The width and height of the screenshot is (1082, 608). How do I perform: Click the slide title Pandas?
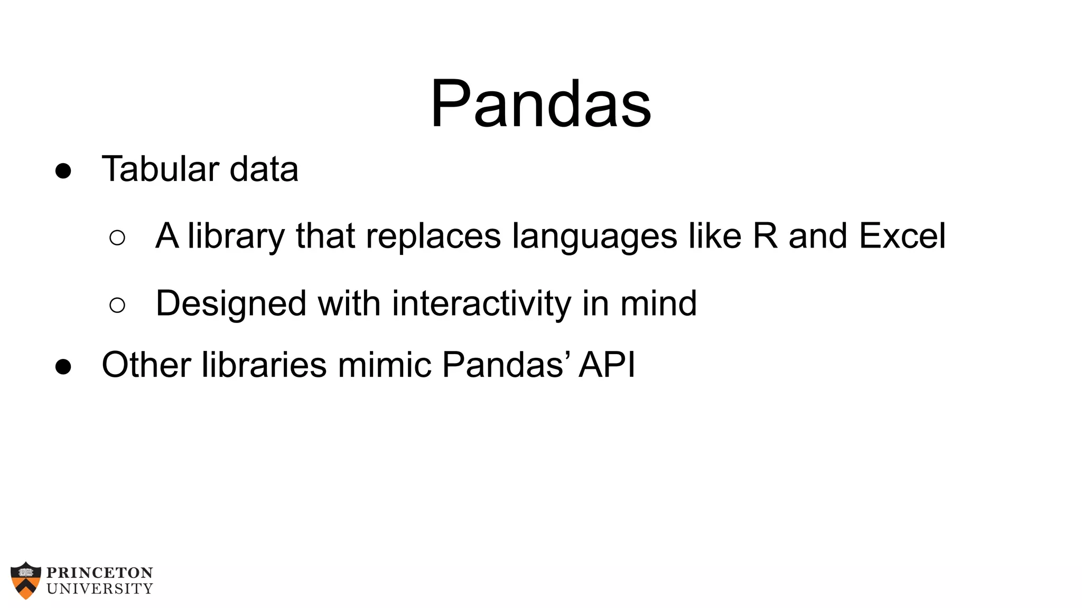pos(540,104)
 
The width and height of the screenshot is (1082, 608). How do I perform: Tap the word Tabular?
pos(160,169)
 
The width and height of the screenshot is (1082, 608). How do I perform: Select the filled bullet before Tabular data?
pos(63,171)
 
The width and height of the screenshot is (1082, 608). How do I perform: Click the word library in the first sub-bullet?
pos(236,236)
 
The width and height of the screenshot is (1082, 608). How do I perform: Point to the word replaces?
pos(433,236)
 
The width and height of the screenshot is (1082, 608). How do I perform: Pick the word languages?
pos(594,236)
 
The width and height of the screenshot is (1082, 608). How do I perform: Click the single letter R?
pos(765,235)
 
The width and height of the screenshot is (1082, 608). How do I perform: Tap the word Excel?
pos(902,235)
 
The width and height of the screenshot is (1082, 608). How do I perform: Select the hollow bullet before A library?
pos(117,237)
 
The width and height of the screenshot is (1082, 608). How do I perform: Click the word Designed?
pos(231,303)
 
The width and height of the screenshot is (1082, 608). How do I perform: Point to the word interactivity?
pos(481,303)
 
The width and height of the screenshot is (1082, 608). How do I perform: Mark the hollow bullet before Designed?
pos(117,305)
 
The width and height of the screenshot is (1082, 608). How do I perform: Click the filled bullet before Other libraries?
pos(63,366)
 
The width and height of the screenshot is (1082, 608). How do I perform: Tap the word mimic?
pos(384,365)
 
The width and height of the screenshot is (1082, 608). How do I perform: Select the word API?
pos(607,365)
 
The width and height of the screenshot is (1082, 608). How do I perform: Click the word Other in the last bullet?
pos(146,365)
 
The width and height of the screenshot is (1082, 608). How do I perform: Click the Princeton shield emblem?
pos(25,580)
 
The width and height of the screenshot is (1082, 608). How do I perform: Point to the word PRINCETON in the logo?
pos(100,573)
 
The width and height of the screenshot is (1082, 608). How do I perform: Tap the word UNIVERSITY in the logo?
pos(100,588)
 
